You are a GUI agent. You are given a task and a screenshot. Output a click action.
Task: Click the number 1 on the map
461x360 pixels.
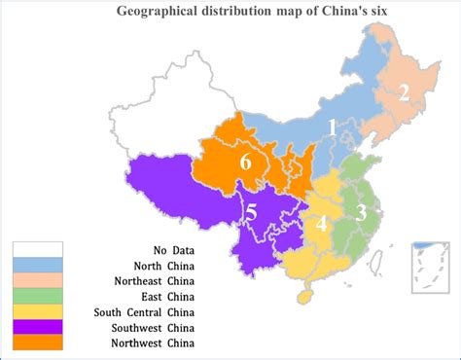tap(332, 127)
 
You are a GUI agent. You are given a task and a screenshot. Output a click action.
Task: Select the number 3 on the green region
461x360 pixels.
tap(361, 213)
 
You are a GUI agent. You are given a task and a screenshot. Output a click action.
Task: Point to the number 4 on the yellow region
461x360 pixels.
tap(321, 225)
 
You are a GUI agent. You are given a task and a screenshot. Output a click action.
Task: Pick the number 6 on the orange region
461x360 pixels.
tap(245, 162)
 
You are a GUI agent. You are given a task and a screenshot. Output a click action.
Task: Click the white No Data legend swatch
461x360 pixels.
tap(37, 249)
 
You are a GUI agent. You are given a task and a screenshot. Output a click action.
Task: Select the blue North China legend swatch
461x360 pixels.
tap(37, 265)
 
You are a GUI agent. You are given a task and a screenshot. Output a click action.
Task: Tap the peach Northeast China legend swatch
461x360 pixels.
tap(37, 280)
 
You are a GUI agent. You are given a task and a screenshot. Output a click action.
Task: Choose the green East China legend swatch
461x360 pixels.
tap(37, 296)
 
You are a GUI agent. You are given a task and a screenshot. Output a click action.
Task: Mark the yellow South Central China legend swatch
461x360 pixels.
tap(37, 311)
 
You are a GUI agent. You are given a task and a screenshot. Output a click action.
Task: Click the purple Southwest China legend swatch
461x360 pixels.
tap(37, 327)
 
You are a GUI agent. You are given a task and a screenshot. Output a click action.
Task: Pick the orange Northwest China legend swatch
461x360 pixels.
tap(37, 342)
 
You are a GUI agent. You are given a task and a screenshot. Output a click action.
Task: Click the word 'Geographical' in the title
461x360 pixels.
tap(157, 12)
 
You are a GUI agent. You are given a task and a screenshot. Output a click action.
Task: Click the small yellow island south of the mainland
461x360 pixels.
tap(304, 291)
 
